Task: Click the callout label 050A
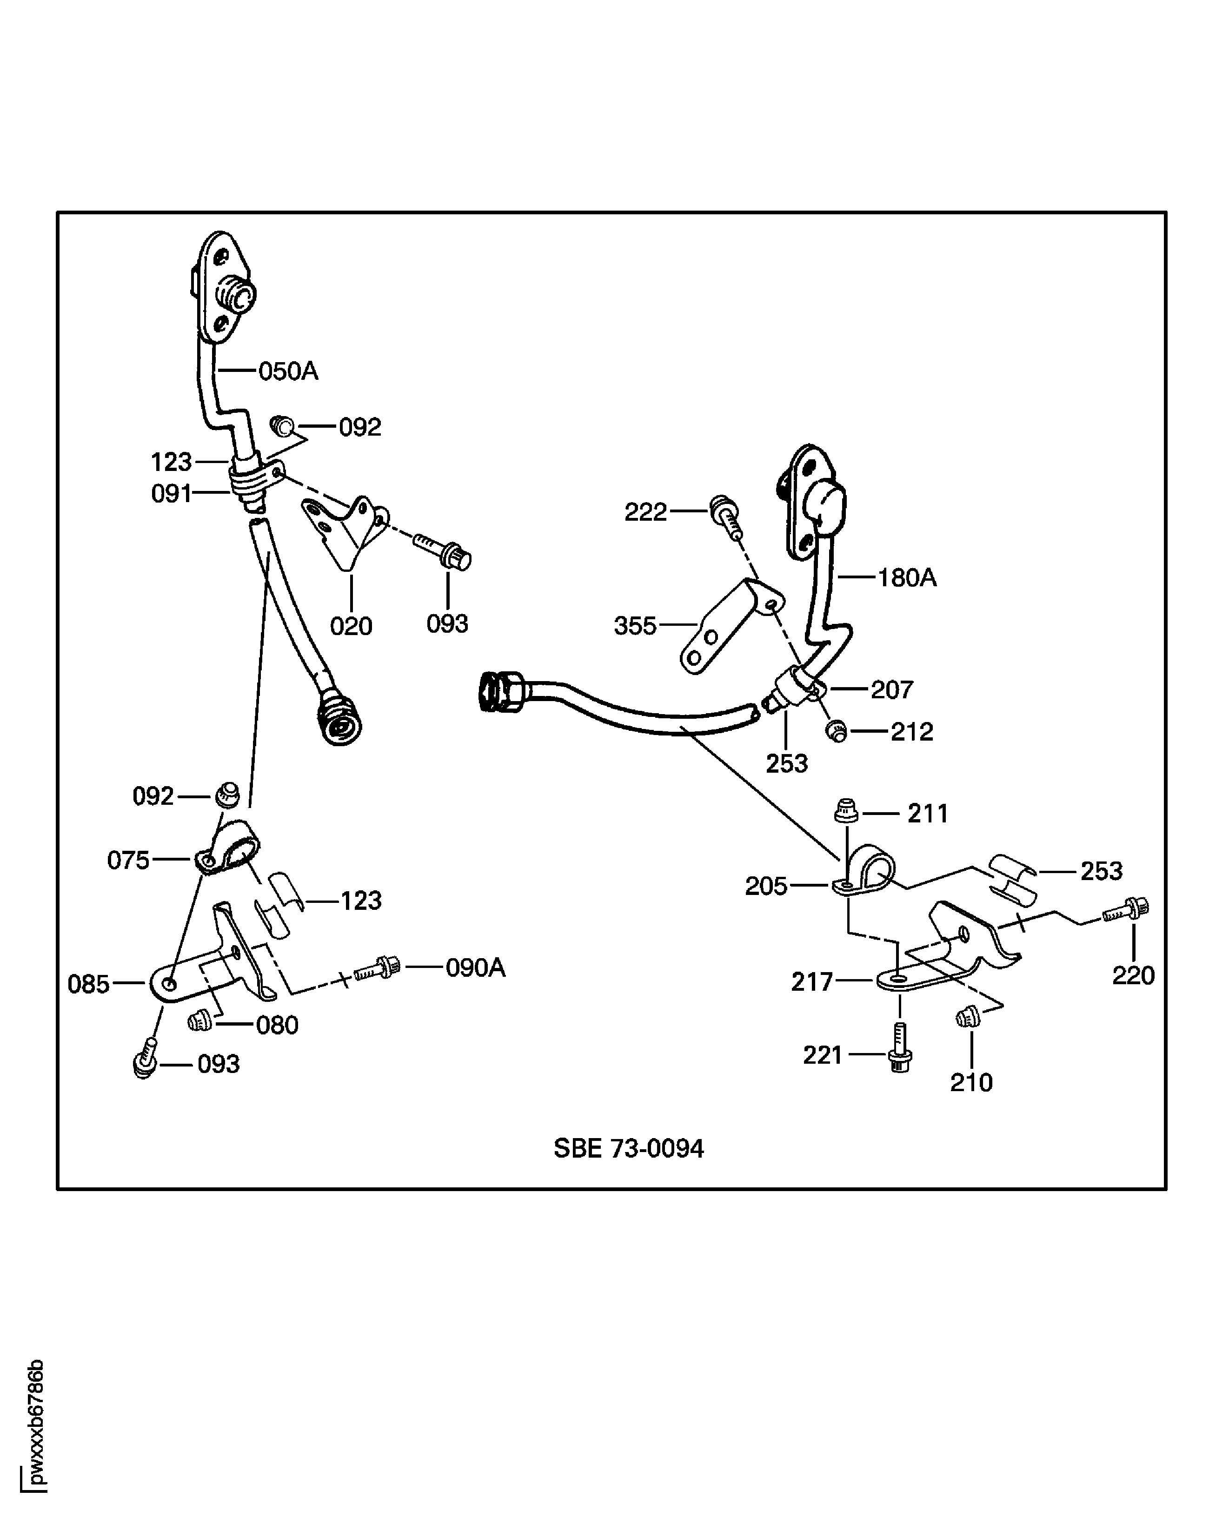[288, 371]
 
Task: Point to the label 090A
[476, 967]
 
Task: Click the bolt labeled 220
[1127, 911]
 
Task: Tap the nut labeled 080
[199, 1021]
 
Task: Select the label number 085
[88, 984]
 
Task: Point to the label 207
[891, 689]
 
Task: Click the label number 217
[812, 982]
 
